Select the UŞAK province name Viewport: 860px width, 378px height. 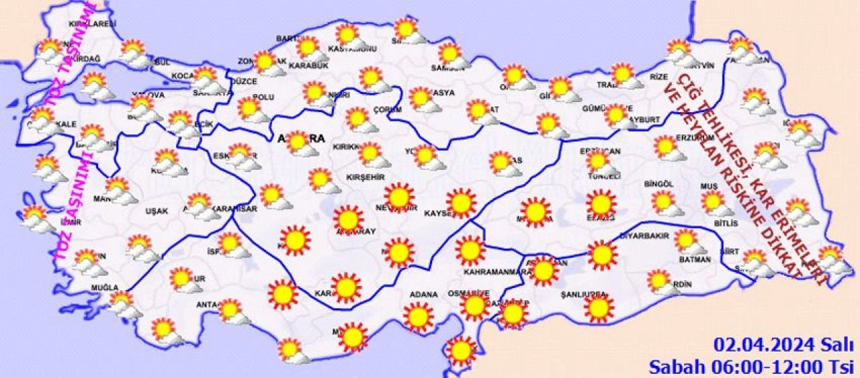click(x=157, y=211)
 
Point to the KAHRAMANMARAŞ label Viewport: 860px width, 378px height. click(x=493, y=272)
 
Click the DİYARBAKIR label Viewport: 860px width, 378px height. click(x=641, y=236)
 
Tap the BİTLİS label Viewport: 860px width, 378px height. click(x=726, y=223)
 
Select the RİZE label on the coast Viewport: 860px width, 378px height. click(x=659, y=77)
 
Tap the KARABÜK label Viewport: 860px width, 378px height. click(x=308, y=66)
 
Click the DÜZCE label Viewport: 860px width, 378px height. click(x=244, y=81)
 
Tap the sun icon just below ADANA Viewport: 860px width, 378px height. click(x=418, y=317)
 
